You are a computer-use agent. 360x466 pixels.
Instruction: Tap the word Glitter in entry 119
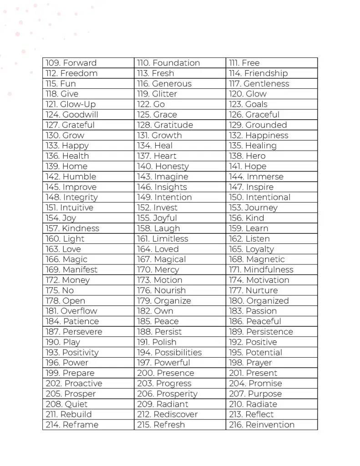coord(164,94)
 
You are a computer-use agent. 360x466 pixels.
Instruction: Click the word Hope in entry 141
coord(255,167)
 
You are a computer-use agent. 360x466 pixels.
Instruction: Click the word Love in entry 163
coord(71,249)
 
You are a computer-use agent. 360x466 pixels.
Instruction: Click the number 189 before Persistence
coord(236,332)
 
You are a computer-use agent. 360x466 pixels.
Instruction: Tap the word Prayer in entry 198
coord(259,363)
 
